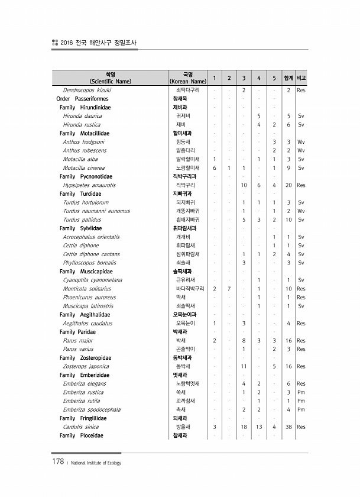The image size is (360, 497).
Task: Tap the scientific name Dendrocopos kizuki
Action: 87,90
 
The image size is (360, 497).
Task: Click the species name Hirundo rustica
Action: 82,125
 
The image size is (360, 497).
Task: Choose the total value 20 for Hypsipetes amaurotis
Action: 288,185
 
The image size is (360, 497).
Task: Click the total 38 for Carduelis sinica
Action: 288,427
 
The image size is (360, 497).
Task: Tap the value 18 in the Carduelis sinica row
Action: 244,427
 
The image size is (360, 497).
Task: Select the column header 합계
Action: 288,78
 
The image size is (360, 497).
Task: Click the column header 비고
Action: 301,78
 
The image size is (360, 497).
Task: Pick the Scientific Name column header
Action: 110,78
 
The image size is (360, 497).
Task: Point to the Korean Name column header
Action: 187,78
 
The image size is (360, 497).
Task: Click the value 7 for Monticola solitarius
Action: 229,289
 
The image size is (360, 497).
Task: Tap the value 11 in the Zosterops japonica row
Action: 244,366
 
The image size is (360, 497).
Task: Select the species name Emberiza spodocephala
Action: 92,409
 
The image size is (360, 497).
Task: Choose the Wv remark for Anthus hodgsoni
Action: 301,142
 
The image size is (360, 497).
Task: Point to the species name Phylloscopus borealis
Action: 89,263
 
